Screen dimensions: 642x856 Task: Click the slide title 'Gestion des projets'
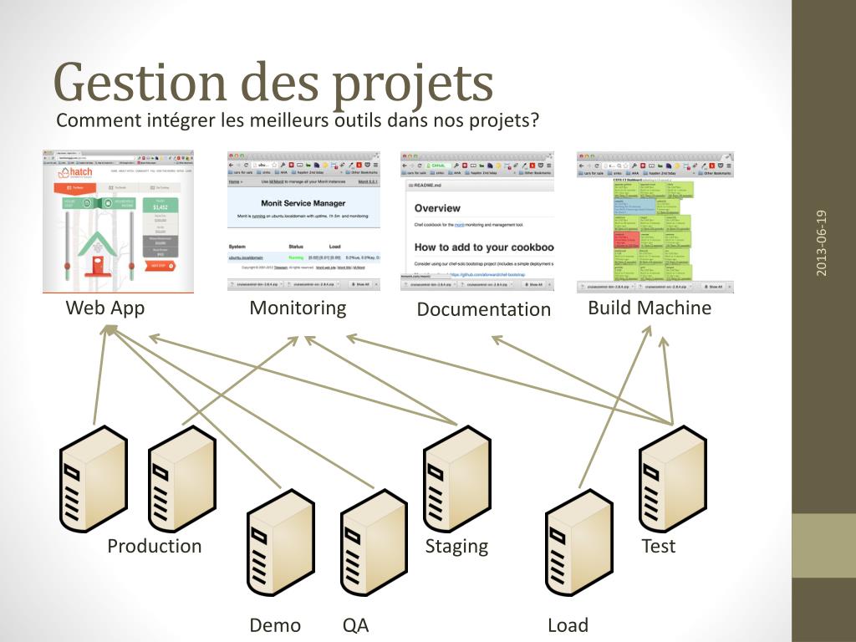[273, 84]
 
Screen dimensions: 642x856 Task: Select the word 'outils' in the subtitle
[357, 120]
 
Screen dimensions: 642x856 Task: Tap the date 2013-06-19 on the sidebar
[823, 242]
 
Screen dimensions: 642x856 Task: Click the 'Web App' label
[105, 308]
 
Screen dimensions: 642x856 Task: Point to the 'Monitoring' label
[298, 308]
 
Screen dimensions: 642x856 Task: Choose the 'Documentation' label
[484, 309]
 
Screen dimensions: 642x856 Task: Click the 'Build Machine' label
[650, 308]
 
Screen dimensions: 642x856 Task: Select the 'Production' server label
[155, 546]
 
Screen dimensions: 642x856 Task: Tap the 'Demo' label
[275, 625]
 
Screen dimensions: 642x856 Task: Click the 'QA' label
[355, 625]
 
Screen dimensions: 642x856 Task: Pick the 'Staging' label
[456, 546]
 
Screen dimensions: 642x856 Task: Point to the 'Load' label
[568, 625]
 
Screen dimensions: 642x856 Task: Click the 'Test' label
[658, 546]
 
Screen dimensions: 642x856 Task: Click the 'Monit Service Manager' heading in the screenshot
[303, 203]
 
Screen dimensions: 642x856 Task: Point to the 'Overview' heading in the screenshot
[437, 207]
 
